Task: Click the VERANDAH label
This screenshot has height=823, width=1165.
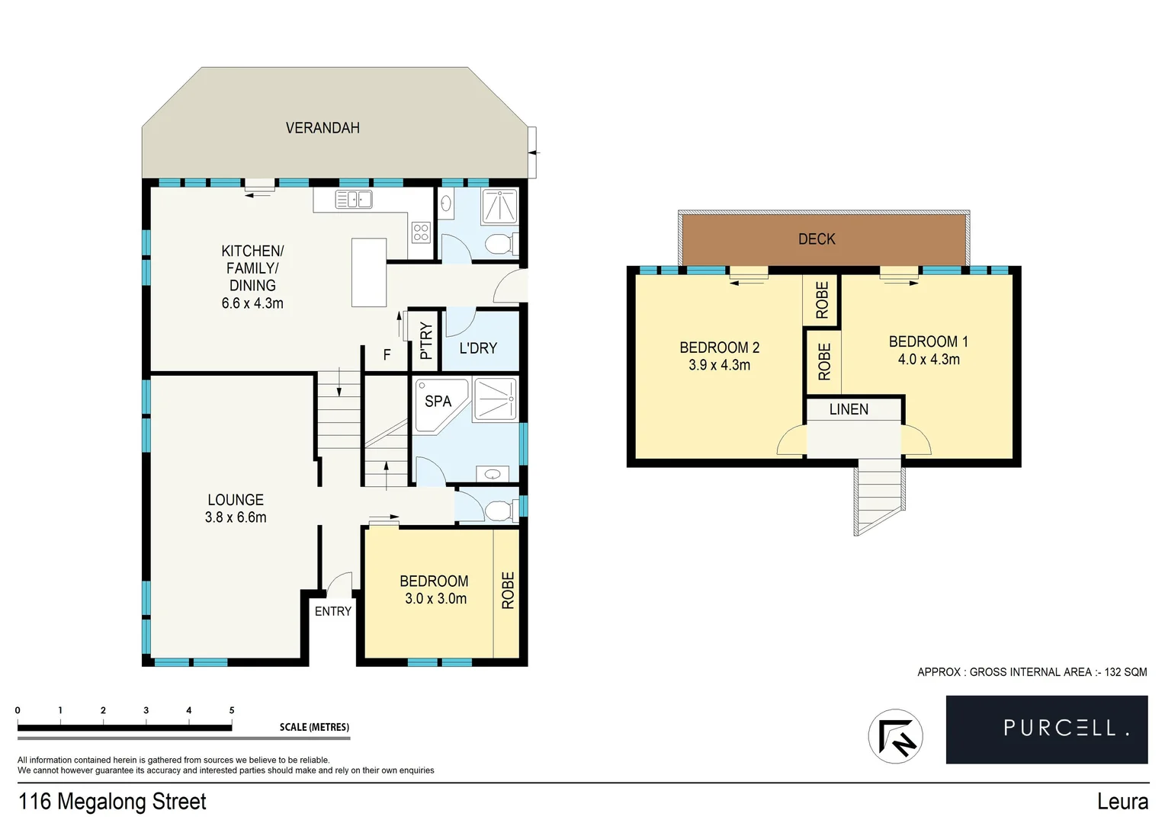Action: tap(323, 128)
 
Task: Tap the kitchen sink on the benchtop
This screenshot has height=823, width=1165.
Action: tap(354, 200)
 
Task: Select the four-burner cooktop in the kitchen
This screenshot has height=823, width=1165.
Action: tap(421, 232)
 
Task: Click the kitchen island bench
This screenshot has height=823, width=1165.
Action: tap(369, 272)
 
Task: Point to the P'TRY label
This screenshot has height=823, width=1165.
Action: tap(425, 341)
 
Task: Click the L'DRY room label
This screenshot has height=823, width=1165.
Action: tap(478, 348)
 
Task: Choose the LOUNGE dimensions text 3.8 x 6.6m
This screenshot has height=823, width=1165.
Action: tap(236, 517)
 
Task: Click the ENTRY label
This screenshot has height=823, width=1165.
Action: tap(333, 611)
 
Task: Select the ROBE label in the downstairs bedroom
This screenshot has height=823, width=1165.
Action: tap(508, 591)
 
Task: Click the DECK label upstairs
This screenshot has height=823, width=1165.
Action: tap(817, 239)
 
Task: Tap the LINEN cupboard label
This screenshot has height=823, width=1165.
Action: tap(849, 409)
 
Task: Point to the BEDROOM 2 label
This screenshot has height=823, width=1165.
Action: tap(719, 347)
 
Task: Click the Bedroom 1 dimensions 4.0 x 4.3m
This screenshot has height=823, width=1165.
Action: tap(929, 360)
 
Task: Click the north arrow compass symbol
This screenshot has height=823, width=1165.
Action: tap(896, 737)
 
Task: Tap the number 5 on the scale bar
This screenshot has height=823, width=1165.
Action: tap(232, 710)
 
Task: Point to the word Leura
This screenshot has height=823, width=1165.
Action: tap(1122, 802)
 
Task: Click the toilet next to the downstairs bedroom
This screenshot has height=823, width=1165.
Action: tap(498, 510)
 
